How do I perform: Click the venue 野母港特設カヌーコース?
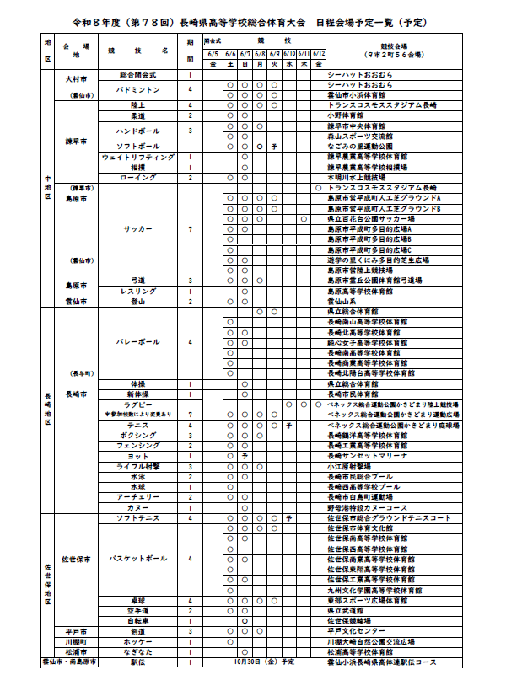367,508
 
